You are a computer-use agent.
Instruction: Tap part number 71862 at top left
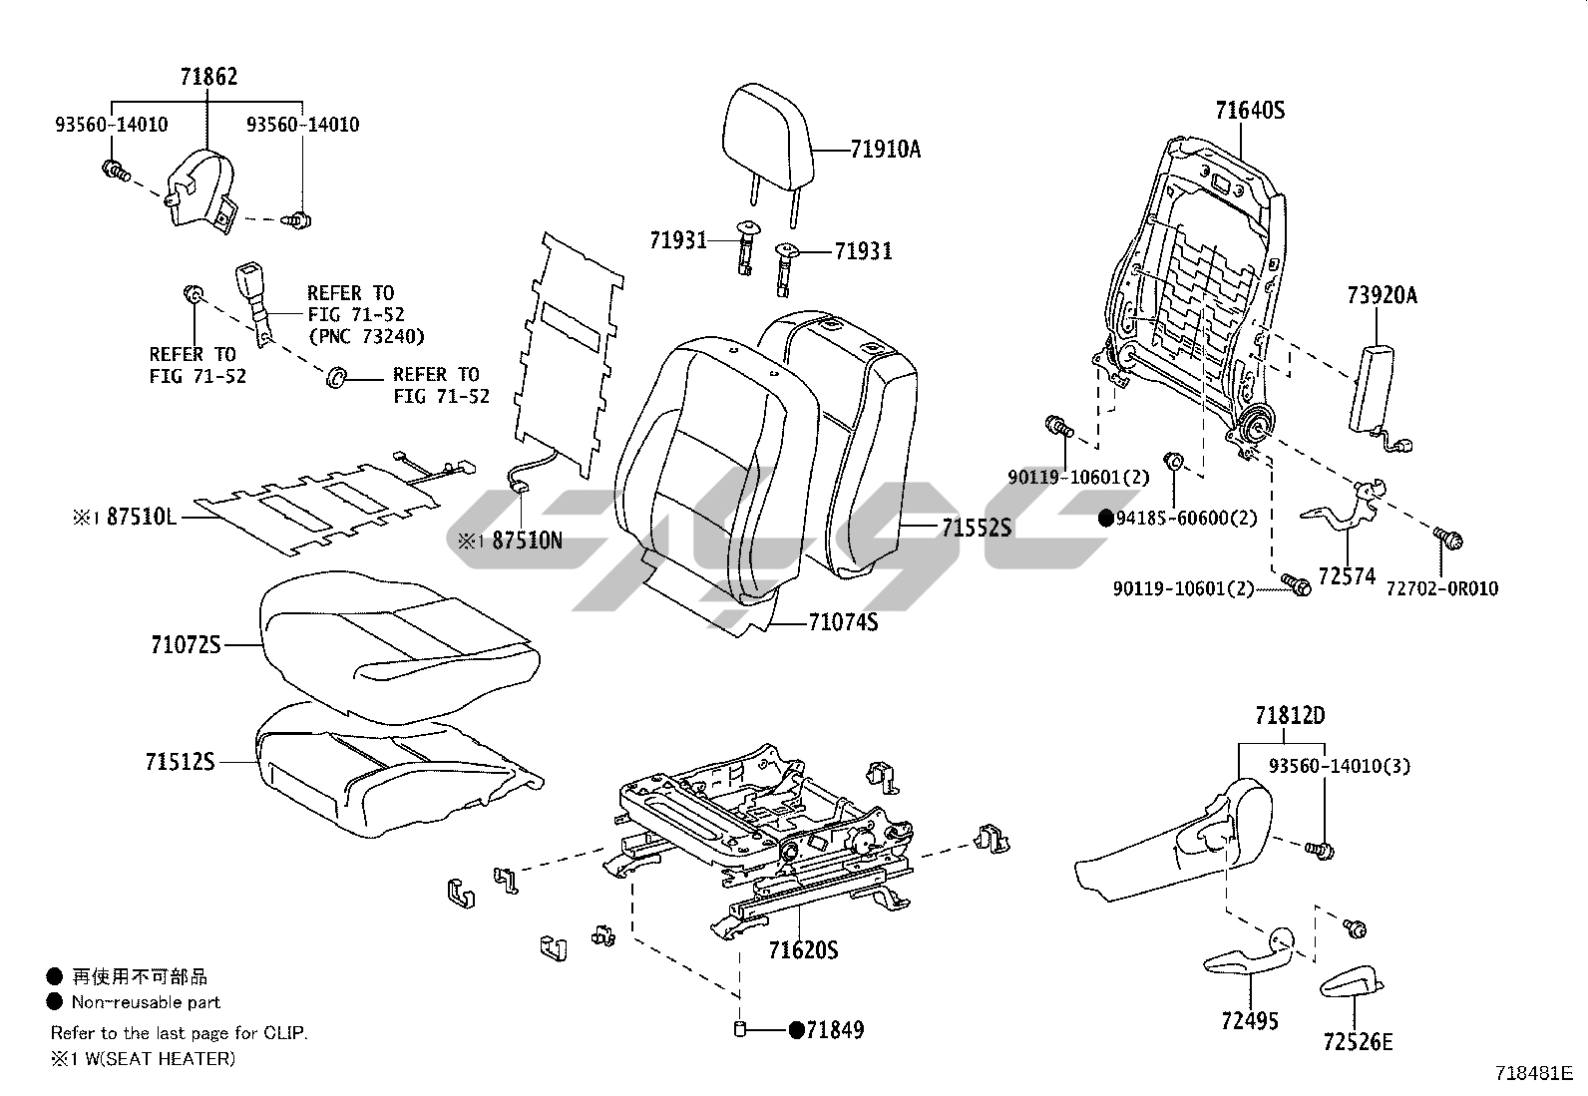(209, 77)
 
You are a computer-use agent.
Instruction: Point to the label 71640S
(1250, 111)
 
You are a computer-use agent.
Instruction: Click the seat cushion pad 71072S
(399, 643)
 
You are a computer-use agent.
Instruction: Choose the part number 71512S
(183, 762)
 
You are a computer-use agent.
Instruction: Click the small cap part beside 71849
(740, 1029)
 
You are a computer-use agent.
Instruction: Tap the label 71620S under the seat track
(803, 950)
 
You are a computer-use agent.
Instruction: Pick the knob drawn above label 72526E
(1354, 981)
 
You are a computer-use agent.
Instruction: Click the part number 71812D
(1289, 716)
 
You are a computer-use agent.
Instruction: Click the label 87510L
(141, 517)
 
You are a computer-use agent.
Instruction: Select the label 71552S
(976, 528)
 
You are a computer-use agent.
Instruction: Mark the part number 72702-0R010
(1441, 588)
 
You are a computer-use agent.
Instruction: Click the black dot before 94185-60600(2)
(1105, 518)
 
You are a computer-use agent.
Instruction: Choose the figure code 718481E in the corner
(1533, 1073)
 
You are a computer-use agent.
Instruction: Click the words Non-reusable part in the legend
(146, 1002)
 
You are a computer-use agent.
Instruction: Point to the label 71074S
(843, 623)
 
